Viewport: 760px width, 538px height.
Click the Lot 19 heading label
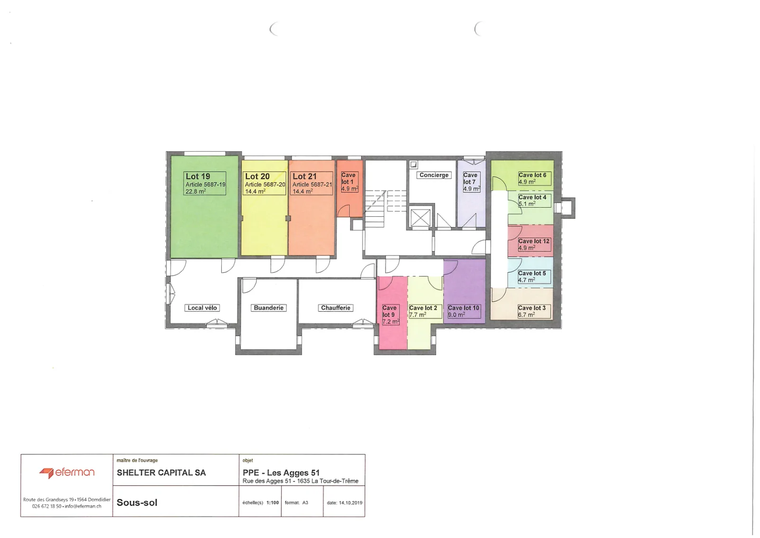198,176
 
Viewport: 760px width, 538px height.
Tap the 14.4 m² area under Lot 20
255,192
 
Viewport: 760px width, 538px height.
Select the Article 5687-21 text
312,184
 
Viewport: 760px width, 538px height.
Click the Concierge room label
434,175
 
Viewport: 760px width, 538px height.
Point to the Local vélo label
202,308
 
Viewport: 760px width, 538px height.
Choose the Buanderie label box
269,308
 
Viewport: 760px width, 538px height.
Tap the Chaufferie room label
335,308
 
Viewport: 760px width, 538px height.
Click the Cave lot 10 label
464,308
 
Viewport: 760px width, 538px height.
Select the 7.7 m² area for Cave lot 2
418,315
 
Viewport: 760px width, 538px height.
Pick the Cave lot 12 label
534,241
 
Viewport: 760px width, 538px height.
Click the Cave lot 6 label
532,175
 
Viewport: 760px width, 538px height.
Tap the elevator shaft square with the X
420,218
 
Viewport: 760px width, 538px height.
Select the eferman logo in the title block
67,472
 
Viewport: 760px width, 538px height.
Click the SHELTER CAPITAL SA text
161,473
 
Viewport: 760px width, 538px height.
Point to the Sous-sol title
137,503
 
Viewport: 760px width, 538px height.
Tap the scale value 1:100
273,503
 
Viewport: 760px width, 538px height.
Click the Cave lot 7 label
470,179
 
